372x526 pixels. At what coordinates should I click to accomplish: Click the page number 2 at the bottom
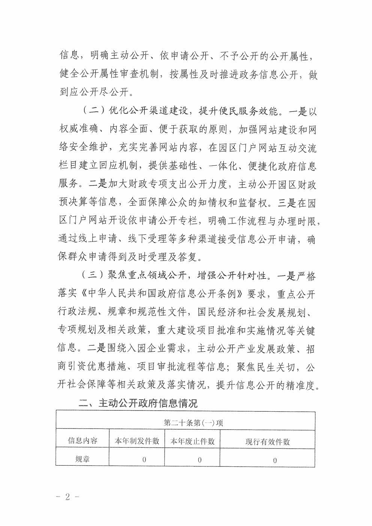tap(68, 497)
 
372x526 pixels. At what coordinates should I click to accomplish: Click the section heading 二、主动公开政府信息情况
tap(138, 403)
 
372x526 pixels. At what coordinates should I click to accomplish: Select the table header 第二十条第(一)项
tap(193, 423)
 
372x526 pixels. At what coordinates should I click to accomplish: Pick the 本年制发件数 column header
tap(137, 441)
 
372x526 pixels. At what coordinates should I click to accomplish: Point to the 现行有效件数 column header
tap(268, 442)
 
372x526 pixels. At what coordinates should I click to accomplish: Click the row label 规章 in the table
tap(82, 459)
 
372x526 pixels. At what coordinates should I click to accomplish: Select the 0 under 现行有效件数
tap(275, 460)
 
